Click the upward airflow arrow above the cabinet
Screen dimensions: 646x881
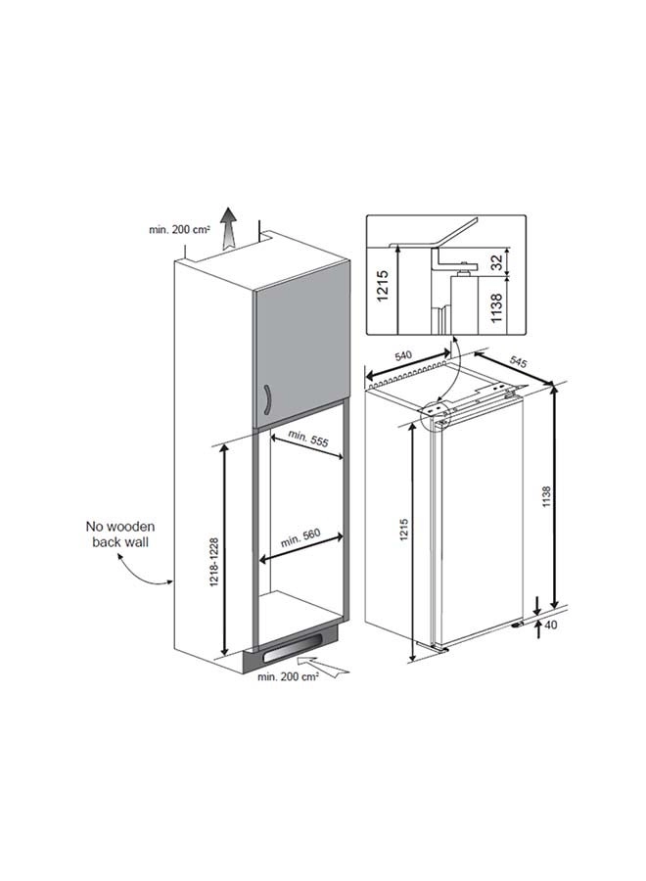click(228, 227)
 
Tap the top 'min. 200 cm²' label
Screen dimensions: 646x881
click(180, 229)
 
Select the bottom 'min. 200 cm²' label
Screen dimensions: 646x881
click(288, 676)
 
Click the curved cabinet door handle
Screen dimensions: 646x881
click(268, 399)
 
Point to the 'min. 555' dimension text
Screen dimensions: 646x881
click(307, 439)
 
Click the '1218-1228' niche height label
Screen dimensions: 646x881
click(213, 563)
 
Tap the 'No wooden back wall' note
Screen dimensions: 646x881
click(119, 534)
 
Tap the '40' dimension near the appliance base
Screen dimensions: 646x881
click(551, 625)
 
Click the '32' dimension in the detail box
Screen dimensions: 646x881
click(496, 261)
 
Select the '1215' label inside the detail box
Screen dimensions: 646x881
click(383, 286)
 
